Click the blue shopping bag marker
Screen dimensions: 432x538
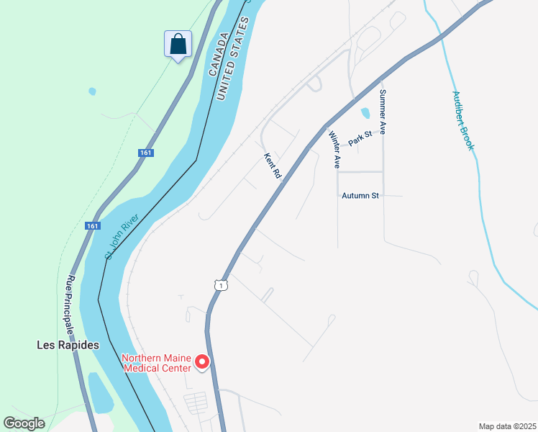pos(178,44)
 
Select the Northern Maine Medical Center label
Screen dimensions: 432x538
pos(156,363)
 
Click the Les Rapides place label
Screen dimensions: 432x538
pos(68,345)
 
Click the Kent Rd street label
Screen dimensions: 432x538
pos(272,166)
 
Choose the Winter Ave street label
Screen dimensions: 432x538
pos(334,150)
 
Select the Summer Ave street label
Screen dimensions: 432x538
pos(383,112)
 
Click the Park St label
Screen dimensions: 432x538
pos(360,138)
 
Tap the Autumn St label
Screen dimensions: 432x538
pos(360,195)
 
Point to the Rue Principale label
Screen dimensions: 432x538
pos(70,305)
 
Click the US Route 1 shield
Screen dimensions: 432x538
pos(221,285)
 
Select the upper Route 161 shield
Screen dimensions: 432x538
pos(145,153)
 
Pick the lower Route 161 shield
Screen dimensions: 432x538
pos(92,225)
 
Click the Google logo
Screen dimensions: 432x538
pos(24,423)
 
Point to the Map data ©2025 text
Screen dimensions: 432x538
pos(506,426)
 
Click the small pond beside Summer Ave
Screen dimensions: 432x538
pos(365,113)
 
